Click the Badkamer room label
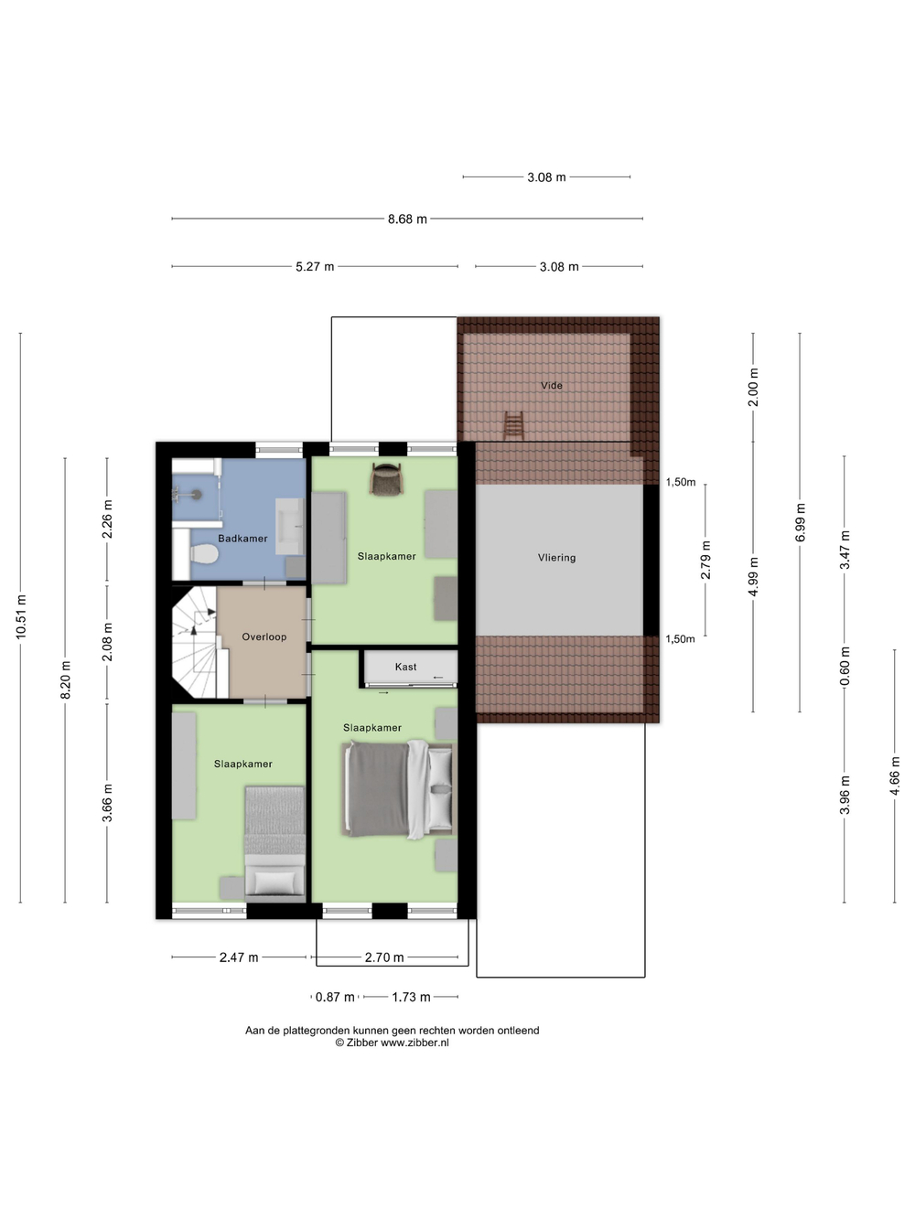pyautogui.click(x=242, y=538)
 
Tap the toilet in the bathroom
pyautogui.click(x=203, y=553)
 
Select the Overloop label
pyautogui.click(x=264, y=636)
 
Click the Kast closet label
pyautogui.click(x=405, y=667)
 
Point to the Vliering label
pyautogui.click(x=556, y=558)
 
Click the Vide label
pyautogui.click(x=552, y=385)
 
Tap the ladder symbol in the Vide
pyautogui.click(x=514, y=425)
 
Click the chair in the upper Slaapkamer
pyautogui.click(x=385, y=478)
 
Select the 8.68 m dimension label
pyautogui.click(x=407, y=219)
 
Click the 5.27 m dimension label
pyautogui.click(x=315, y=266)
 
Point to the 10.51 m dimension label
pyautogui.click(x=21, y=616)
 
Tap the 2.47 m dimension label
pyautogui.click(x=239, y=957)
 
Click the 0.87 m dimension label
pyautogui.click(x=335, y=997)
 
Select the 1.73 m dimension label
pyautogui.click(x=411, y=997)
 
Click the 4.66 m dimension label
pyautogui.click(x=895, y=775)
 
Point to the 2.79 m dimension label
pyautogui.click(x=705, y=560)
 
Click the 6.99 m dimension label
pyautogui.click(x=800, y=522)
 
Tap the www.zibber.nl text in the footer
pyautogui.click(x=414, y=1043)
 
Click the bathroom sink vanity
pyautogui.click(x=290, y=526)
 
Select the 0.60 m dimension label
pyautogui.click(x=845, y=667)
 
